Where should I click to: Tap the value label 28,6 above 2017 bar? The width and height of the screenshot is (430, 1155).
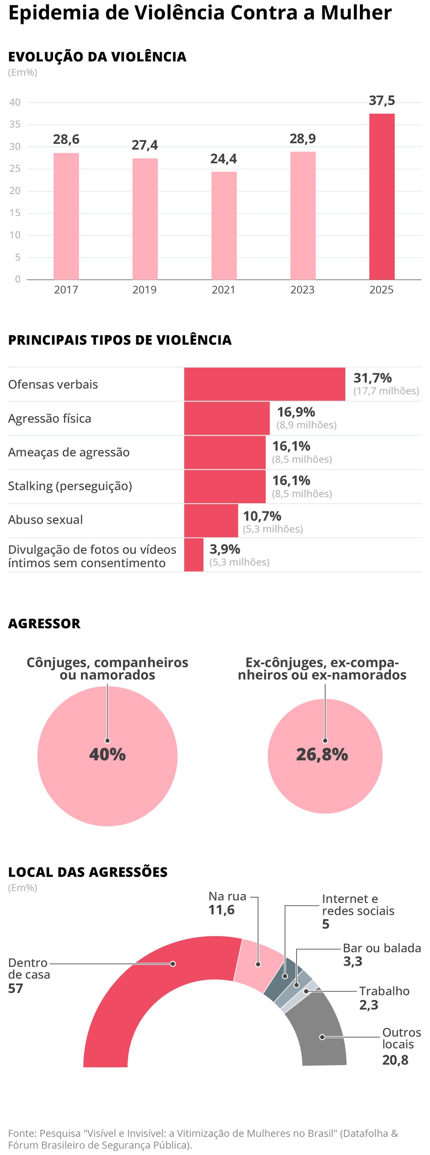(66, 140)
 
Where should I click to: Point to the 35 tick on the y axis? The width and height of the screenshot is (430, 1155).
(15, 124)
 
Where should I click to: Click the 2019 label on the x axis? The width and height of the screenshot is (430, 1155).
(144, 290)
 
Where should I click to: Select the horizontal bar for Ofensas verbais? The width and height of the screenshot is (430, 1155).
(264, 384)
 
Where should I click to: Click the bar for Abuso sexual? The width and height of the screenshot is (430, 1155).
(211, 520)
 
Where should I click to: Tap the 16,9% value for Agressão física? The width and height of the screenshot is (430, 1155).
(296, 412)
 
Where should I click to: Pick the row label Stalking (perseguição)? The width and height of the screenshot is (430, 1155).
(70, 486)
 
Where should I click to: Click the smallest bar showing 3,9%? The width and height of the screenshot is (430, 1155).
(193, 555)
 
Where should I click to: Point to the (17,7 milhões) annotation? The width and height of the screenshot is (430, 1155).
(386, 391)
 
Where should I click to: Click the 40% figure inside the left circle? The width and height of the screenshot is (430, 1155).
(107, 754)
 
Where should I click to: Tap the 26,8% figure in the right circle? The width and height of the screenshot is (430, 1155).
(322, 754)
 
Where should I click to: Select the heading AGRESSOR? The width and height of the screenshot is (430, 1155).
(44, 623)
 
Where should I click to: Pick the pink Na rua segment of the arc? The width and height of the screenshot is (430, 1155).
(258, 964)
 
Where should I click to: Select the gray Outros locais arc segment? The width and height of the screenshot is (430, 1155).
(321, 1036)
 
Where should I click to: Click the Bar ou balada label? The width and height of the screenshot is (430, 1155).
(381, 948)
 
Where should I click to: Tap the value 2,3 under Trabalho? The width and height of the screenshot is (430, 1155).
(369, 1005)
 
